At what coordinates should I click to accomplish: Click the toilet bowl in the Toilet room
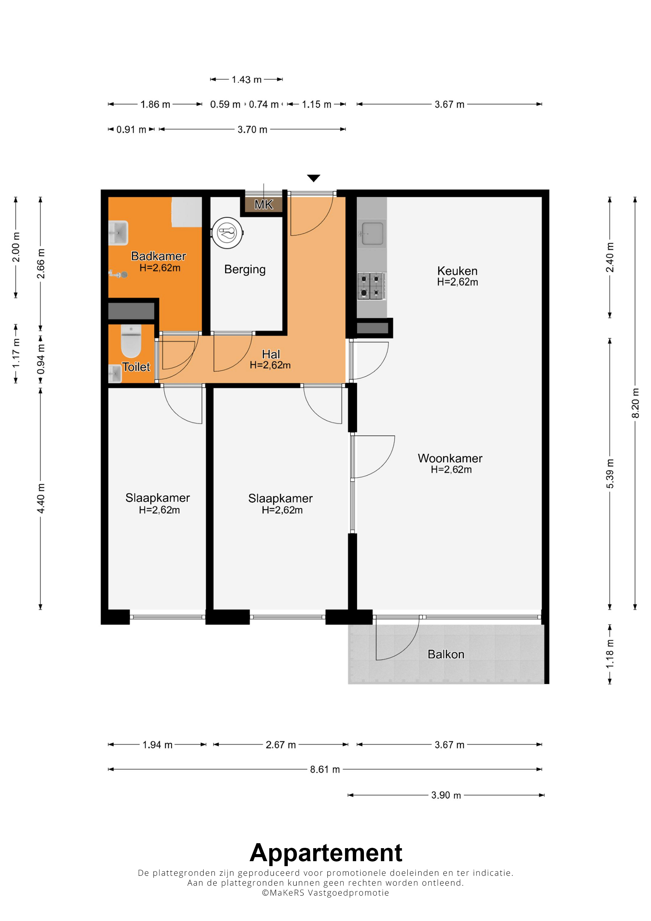(x=131, y=341)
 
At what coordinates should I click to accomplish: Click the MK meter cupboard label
(x=263, y=205)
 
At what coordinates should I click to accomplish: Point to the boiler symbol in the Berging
(x=228, y=233)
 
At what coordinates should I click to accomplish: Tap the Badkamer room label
(x=158, y=256)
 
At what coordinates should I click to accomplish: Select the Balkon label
(x=446, y=654)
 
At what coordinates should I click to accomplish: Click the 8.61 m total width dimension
(x=325, y=769)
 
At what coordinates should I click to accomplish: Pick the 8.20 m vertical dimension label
(x=635, y=403)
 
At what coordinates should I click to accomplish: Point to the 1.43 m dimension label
(x=247, y=79)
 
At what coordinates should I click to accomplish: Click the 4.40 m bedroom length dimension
(x=41, y=498)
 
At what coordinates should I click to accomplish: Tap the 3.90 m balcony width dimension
(x=446, y=795)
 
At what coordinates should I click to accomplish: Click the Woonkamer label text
(x=450, y=458)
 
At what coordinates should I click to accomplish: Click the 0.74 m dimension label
(x=263, y=104)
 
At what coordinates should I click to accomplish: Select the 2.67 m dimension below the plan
(x=281, y=745)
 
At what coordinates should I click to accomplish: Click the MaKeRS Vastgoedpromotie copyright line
(x=325, y=892)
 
